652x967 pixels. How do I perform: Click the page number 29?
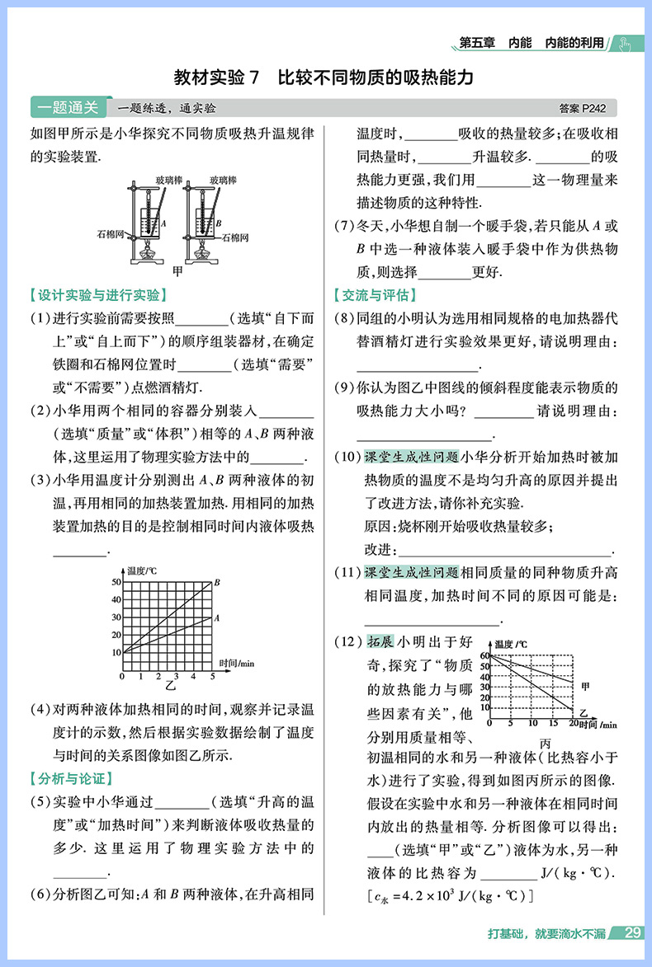point(633,933)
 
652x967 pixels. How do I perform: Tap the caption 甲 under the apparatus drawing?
point(173,269)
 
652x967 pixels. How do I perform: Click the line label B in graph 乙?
point(217,583)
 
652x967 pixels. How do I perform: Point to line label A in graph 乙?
point(216,617)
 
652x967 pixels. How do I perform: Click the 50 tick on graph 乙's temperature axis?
point(116,583)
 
